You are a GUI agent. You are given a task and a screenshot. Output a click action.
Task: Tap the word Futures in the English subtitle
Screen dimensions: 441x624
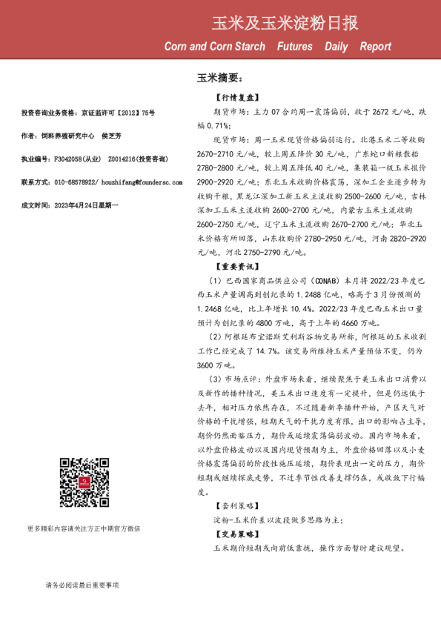click(x=294, y=47)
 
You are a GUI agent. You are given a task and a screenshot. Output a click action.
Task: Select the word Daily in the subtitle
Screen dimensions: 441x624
click(x=336, y=47)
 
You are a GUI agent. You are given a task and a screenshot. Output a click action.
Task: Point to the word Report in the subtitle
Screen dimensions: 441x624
click(x=376, y=47)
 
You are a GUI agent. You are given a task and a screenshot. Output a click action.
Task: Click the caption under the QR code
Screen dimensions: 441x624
click(x=83, y=528)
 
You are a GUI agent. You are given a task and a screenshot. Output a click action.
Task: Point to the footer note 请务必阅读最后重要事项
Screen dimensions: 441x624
click(x=82, y=585)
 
